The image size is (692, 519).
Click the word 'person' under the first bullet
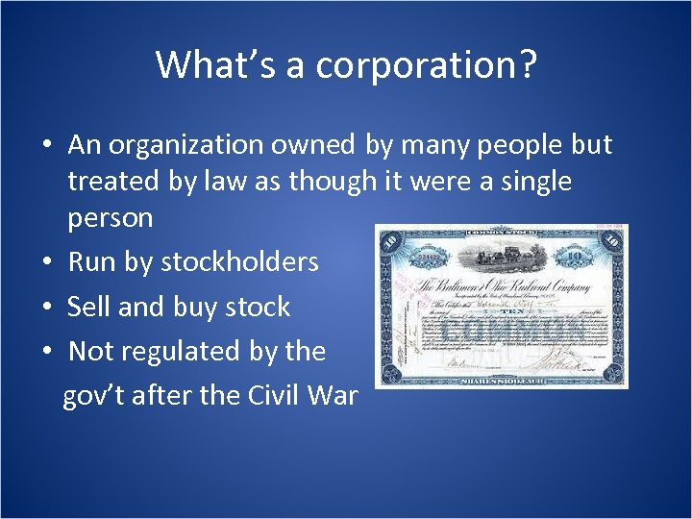(x=110, y=218)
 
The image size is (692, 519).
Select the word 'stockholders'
(x=239, y=262)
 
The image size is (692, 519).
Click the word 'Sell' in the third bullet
(x=87, y=307)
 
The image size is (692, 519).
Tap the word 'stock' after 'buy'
(x=257, y=307)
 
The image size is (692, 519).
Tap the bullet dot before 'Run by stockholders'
(x=46, y=263)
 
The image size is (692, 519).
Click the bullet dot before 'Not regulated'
(x=46, y=353)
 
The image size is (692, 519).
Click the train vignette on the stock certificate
(x=500, y=255)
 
